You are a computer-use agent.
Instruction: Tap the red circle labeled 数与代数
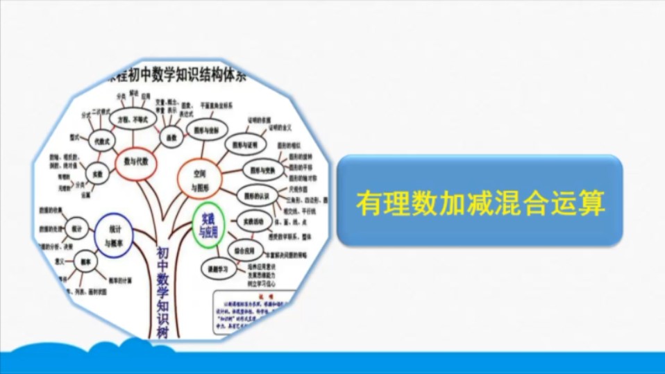[x=136, y=161]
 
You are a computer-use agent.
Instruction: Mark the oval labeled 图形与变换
[x=263, y=170]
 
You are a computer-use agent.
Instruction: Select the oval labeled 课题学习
[x=217, y=267]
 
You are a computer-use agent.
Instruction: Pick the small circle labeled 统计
[x=76, y=228]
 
